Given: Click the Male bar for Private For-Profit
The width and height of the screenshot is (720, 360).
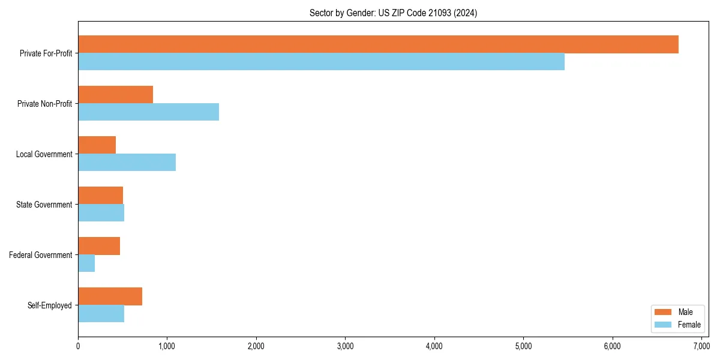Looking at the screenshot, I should coord(378,44).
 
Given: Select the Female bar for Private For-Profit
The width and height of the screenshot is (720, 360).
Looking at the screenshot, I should coord(321,62).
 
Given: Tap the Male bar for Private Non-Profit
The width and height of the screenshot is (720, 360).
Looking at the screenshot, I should coord(115,95).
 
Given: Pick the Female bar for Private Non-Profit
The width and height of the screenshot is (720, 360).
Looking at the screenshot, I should coord(148,112).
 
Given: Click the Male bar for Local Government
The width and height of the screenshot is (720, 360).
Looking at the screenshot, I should coord(97,145).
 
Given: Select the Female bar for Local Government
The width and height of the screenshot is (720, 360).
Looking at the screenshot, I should coord(127,163).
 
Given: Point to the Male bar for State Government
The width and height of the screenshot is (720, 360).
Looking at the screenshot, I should coord(100,196).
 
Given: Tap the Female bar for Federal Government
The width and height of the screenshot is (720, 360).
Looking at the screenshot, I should coord(86,263).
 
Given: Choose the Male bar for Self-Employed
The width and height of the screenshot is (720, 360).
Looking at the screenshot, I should coord(110,296).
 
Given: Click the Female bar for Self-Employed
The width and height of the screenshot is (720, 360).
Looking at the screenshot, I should coord(101,314).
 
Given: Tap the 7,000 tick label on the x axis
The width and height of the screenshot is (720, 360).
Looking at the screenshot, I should coord(701,346).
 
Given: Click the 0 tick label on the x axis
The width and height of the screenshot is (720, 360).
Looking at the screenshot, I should coord(78,346).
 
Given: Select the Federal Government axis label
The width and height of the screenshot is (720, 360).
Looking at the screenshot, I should coord(41,255).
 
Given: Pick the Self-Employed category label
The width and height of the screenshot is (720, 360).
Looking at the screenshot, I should coord(50,305).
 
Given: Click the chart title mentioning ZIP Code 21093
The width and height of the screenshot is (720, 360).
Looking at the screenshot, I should coord(393,13).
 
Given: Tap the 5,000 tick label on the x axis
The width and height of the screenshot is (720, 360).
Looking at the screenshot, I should coord(523,346).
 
